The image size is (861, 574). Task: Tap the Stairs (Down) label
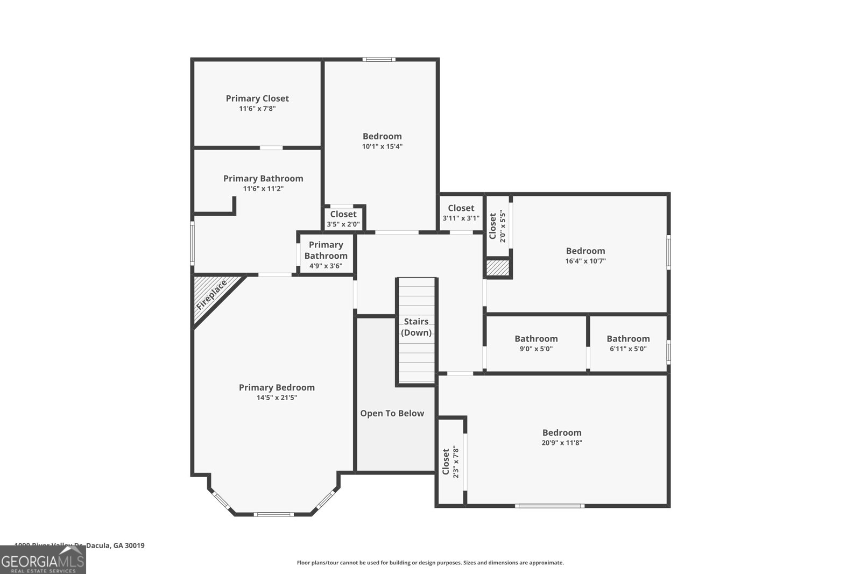point(416,327)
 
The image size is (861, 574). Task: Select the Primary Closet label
point(257,98)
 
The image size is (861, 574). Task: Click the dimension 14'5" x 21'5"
point(277,398)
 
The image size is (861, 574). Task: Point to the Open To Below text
point(392,414)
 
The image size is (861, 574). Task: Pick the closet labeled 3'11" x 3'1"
point(461,213)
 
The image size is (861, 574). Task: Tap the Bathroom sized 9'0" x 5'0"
point(536,343)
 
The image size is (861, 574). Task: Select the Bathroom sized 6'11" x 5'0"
point(628,343)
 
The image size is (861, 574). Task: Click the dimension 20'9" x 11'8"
point(562,443)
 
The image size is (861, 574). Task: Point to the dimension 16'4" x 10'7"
point(585,261)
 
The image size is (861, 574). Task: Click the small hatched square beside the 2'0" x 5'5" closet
point(498,268)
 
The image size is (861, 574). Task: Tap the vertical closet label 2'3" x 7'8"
point(450,462)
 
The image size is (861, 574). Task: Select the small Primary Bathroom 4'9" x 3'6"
point(326,255)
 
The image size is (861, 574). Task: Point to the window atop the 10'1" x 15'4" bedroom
point(379,60)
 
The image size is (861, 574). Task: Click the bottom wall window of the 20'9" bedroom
point(549,506)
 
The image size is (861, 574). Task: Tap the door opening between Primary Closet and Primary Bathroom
point(271,148)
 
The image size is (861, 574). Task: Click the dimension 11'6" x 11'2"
point(263,189)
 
